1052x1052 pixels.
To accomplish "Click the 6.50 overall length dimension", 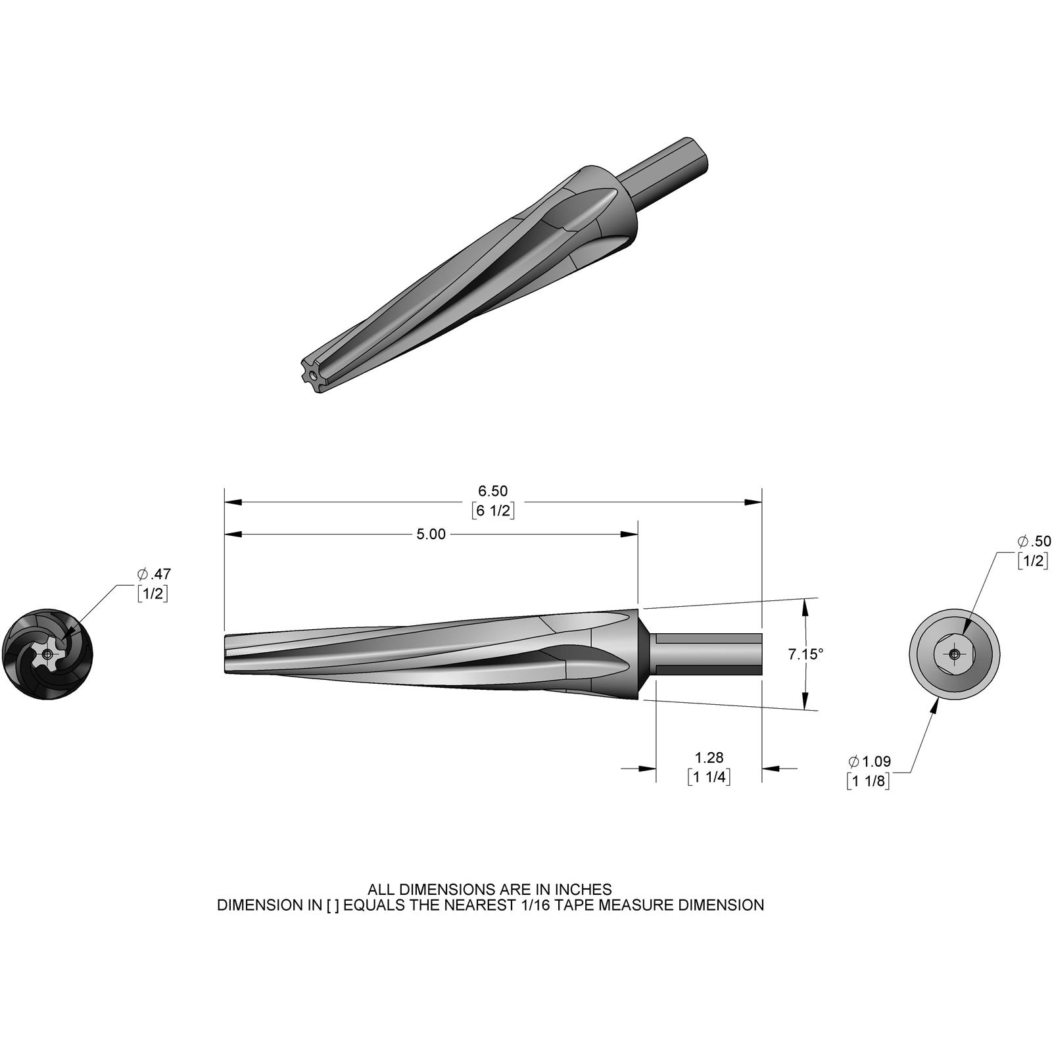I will click(x=492, y=491).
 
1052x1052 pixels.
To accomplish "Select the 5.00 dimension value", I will click(x=431, y=535).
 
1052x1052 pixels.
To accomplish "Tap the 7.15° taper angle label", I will click(x=805, y=654).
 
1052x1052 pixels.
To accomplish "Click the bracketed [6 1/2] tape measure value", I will click(x=492, y=511).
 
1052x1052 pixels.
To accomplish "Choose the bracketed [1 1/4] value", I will click(x=709, y=777).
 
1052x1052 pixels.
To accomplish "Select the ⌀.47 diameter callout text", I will click(x=154, y=573).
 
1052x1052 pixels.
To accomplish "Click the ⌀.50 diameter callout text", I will click(x=1034, y=542).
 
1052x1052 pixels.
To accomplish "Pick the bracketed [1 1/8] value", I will click(x=869, y=781).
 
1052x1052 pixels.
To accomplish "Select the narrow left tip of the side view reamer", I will click(x=227, y=654).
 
